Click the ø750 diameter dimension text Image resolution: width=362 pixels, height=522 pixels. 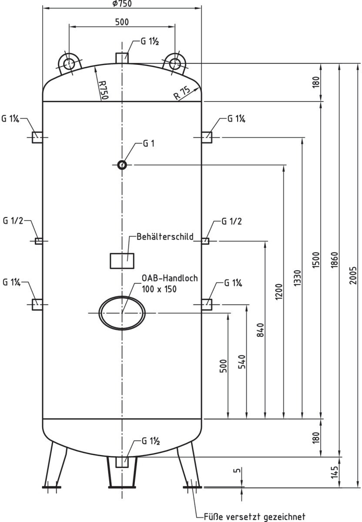point(122,3)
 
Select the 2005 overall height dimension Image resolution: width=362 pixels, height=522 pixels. point(353,275)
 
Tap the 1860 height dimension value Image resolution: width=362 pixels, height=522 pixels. point(335,260)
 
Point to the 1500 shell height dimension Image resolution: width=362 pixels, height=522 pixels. point(316,260)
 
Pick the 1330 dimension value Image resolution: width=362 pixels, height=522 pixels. point(298,278)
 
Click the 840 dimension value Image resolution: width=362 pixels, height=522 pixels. point(260,330)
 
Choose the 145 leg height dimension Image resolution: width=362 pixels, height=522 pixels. point(335,472)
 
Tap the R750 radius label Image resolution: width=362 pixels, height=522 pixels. point(104,90)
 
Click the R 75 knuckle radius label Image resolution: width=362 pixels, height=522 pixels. point(182,93)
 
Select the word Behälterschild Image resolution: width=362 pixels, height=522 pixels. point(165,237)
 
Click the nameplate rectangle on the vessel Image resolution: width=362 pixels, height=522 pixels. point(122,261)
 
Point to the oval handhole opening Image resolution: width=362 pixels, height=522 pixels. point(122,313)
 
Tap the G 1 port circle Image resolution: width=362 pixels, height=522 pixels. point(122,165)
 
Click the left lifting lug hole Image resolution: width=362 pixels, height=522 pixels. point(69,64)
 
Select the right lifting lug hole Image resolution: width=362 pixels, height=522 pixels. point(175,64)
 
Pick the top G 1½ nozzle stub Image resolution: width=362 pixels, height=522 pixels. point(122,58)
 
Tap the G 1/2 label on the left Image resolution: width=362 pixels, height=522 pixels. point(13,221)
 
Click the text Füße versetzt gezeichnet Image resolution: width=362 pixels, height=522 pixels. point(255,516)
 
